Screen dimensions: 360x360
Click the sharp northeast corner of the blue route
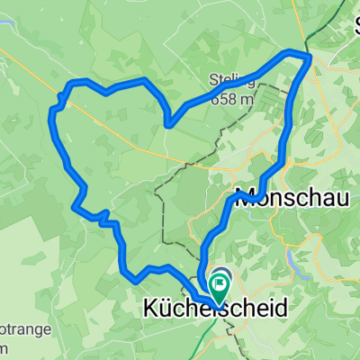(x=309, y=57)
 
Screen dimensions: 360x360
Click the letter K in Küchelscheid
(x=150, y=308)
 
